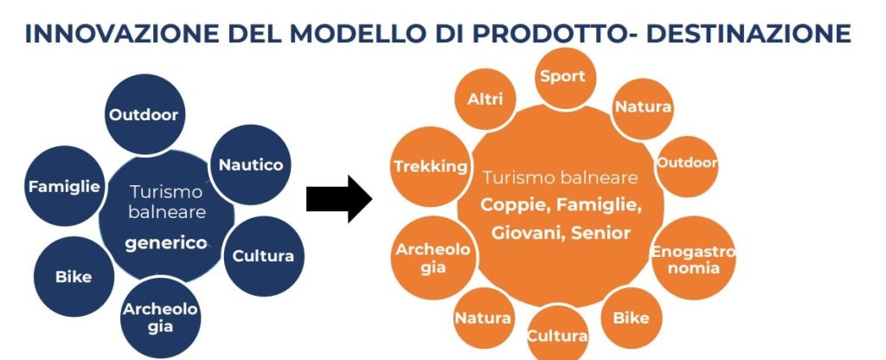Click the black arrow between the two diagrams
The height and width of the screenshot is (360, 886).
(338, 199)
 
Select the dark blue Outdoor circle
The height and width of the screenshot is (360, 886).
(144, 115)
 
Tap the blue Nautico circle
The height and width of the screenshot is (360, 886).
(250, 164)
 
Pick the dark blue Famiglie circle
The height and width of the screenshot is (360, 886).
(64, 186)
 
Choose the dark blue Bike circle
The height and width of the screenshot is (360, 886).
(74, 278)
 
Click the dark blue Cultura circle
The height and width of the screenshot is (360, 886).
(263, 256)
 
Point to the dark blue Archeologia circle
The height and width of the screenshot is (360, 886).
(160, 318)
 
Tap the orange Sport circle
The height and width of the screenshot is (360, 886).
(562, 76)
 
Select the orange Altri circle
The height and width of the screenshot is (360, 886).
(485, 100)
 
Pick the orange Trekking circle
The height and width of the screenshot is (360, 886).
(431, 167)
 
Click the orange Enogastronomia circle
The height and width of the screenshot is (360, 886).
(692, 259)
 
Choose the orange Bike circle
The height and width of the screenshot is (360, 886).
(631, 318)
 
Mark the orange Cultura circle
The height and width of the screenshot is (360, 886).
(557, 334)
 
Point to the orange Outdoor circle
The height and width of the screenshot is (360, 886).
(687, 163)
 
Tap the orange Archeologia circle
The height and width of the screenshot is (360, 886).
(433, 258)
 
